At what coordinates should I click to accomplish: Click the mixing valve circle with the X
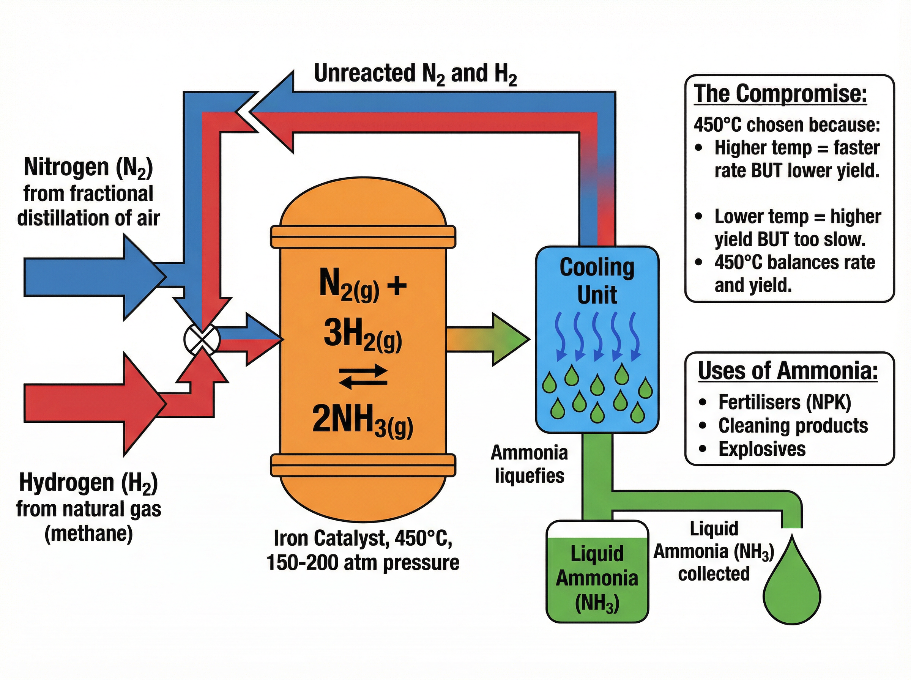(202, 340)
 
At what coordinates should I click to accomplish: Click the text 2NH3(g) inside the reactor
(363, 420)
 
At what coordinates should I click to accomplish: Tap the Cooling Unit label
(597, 281)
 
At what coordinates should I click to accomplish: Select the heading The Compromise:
(780, 94)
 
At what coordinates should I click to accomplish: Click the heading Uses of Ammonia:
(788, 371)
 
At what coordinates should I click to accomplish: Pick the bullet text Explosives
(761, 449)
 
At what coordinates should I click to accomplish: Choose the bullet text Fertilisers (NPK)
(784, 402)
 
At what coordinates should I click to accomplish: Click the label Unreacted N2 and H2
(415, 74)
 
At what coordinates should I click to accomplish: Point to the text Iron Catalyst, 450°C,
(363, 538)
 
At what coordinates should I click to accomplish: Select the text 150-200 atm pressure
(363, 562)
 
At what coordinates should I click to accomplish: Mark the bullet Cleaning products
(793, 426)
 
